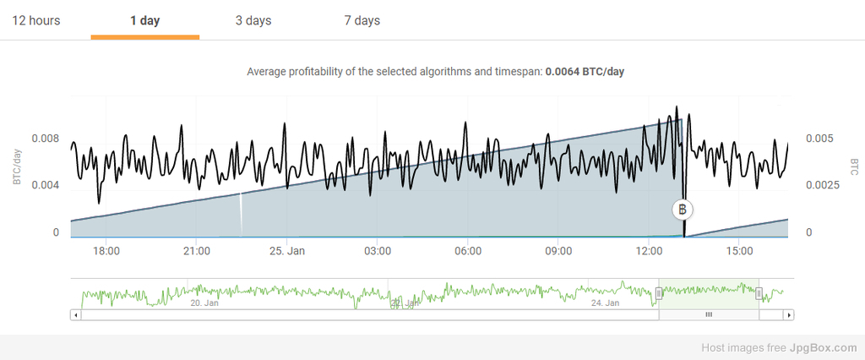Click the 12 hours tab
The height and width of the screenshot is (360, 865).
(36, 20)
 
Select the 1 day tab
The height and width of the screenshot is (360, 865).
(145, 20)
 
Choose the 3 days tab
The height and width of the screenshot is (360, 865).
(253, 20)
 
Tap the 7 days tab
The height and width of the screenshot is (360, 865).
(362, 20)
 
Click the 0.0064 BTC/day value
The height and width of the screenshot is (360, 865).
(585, 72)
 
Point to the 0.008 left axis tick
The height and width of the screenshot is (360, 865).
(45, 138)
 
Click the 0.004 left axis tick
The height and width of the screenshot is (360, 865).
(45, 185)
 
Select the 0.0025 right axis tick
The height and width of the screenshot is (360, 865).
(822, 185)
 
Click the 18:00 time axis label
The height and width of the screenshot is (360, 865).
(106, 251)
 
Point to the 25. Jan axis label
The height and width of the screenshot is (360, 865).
(287, 251)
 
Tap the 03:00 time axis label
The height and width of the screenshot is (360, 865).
(378, 251)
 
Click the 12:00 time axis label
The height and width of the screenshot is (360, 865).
(649, 251)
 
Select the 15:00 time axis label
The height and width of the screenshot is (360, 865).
(739, 251)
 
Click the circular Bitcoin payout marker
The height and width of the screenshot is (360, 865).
(683, 210)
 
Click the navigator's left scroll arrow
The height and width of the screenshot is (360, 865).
(76, 314)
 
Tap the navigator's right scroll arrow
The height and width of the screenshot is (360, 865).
(788, 314)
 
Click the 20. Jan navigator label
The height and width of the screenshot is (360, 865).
(205, 303)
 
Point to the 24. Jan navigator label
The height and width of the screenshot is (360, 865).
(606, 303)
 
